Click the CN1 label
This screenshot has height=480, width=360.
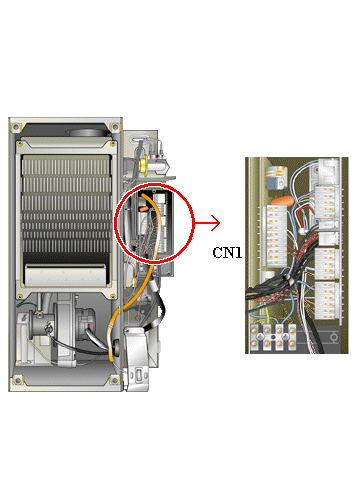pyautogui.click(x=227, y=253)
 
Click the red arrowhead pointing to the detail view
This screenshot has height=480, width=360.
pyautogui.click(x=216, y=223)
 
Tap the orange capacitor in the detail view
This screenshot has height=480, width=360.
pyautogui.click(x=282, y=201)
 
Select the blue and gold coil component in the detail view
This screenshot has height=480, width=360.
pyautogui.click(x=276, y=178)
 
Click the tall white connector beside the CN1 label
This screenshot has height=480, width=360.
pyautogui.click(x=277, y=236)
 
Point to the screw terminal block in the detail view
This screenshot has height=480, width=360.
pyautogui.click(x=273, y=337)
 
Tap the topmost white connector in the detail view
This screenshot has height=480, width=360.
pyautogui.click(x=328, y=171)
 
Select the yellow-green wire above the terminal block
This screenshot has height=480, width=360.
pyautogui.click(x=267, y=313)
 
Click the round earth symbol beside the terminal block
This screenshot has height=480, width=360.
pyautogui.click(x=333, y=338)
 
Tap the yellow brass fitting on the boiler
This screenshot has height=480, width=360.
pyautogui.click(x=144, y=166)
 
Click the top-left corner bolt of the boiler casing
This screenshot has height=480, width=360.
pyautogui.click(x=15, y=127)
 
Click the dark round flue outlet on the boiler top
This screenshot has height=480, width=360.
pyautogui.click(x=88, y=133)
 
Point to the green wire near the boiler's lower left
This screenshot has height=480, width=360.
pyautogui.click(x=27, y=304)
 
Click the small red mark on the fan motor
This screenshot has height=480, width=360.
pyautogui.click(x=89, y=325)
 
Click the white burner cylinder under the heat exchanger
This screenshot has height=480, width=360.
pyautogui.click(x=66, y=275)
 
